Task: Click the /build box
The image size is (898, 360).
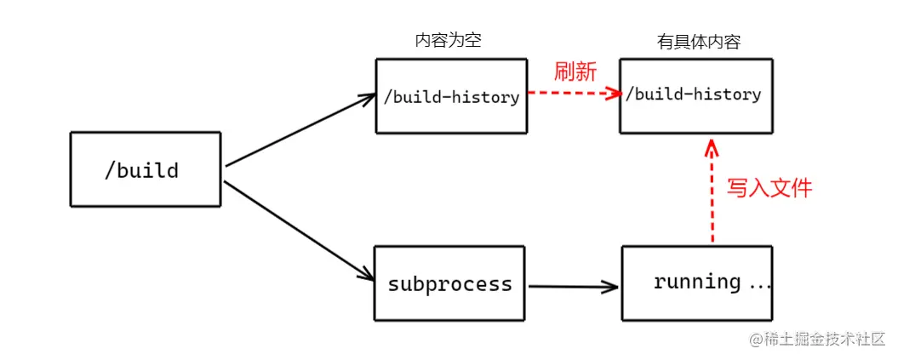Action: tap(146, 169)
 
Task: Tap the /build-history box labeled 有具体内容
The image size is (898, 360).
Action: tap(695, 95)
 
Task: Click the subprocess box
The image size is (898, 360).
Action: tap(450, 283)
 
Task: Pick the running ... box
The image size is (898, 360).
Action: tap(697, 283)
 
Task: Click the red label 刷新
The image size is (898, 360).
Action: tap(575, 71)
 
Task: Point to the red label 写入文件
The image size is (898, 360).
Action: tap(769, 188)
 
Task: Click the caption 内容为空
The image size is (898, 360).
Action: tap(448, 41)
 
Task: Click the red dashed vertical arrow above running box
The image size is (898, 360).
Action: tap(712, 196)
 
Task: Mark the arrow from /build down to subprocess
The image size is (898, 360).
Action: tap(299, 231)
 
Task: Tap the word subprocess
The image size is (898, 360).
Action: tap(450, 283)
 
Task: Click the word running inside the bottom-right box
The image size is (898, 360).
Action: tap(697, 282)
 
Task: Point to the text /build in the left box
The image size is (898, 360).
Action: tap(141, 170)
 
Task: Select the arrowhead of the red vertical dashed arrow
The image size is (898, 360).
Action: tap(712, 151)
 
